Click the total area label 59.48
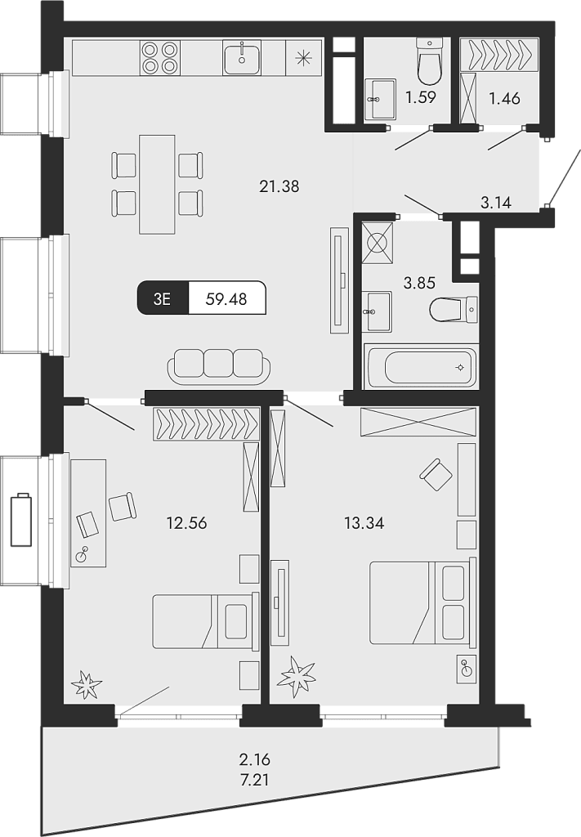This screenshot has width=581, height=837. pyautogui.click(x=226, y=299)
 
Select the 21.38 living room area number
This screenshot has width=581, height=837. pyautogui.click(x=279, y=186)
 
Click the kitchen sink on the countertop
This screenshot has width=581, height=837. pyautogui.click(x=242, y=57)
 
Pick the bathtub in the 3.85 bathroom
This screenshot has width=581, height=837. pyautogui.click(x=420, y=366)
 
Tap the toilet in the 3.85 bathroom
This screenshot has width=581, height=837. pyautogui.click(x=453, y=310)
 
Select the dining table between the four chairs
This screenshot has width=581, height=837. pyautogui.click(x=157, y=184)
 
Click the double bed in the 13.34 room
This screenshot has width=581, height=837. pyautogui.click(x=422, y=602)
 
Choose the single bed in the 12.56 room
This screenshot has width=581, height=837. pyautogui.click(x=202, y=621)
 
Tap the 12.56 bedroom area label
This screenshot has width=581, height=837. pyautogui.click(x=186, y=523)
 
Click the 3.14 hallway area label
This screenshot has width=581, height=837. pyautogui.click(x=496, y=203)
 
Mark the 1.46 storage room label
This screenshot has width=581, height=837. pyautogui.click(x=504, y=98)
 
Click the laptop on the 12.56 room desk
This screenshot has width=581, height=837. pyautogui.click(x=87, y=524)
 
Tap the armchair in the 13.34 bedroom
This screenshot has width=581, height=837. pyautogui.click(x=436, y=475)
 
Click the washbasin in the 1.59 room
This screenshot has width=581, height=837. pyautogui.click(x=381, y=99)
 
